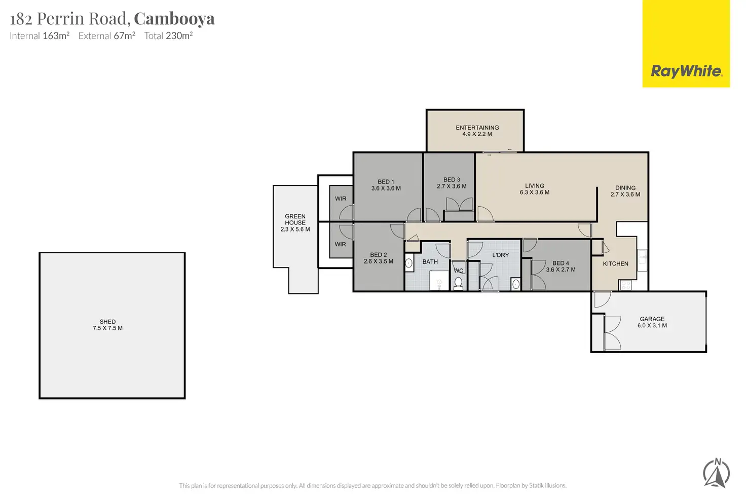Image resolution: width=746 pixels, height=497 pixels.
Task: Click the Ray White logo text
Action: pos(686,71)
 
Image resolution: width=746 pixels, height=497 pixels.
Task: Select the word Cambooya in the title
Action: pos(174,19)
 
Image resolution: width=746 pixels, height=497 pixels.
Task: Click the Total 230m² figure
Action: pos(168,35)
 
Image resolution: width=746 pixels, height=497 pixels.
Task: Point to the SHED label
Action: pos(107,325)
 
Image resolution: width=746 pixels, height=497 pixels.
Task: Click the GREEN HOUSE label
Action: pos(295,223)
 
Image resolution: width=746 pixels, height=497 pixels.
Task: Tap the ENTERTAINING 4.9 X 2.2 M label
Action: pos(477,131)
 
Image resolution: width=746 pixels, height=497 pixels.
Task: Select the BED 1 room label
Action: pos(386,185)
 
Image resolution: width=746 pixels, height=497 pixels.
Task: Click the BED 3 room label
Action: pos(452,183)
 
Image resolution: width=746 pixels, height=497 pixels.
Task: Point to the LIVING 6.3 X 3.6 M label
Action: pos(535,189)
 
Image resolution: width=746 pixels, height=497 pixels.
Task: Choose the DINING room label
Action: pos(625,191)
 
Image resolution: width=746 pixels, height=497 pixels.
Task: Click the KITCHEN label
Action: pos(615,263)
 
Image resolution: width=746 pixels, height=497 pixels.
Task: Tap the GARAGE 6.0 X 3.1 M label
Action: pos(652,322)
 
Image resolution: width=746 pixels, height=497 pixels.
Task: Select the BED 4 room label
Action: pos(561,266)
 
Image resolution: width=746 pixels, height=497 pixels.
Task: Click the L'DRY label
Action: pos(501,255)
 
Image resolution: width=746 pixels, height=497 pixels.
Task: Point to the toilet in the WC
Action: pos(458,284)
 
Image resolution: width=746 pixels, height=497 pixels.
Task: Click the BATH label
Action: pos(430,261)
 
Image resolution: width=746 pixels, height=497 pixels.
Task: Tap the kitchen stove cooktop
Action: pos(625,285)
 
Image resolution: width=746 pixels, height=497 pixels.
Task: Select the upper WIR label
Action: pos(341,199)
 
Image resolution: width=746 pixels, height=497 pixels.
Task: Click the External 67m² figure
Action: pos(106,35)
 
